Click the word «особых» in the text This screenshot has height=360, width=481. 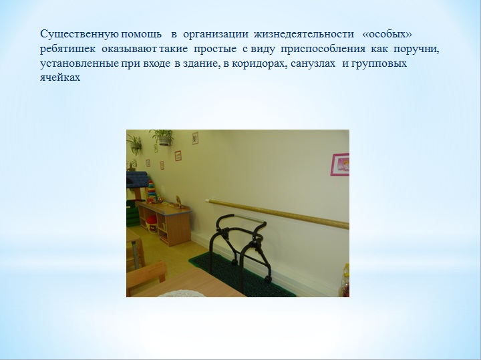click(387, 34)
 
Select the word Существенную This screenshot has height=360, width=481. click(79, 34)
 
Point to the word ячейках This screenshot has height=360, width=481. click(60, 77)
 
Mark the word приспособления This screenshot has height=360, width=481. click(323, 49)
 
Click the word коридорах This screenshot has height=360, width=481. click(259, 64)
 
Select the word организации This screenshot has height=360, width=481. click(216, 34)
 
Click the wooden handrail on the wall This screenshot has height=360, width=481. click(278, 214)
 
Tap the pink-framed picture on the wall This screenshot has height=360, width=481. click(340, 164)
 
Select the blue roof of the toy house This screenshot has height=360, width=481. click(138, 180)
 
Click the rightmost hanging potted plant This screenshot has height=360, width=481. click(162, 138)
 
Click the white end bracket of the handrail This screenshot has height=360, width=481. click(207, 201)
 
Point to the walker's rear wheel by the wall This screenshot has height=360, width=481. click(268, 279)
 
